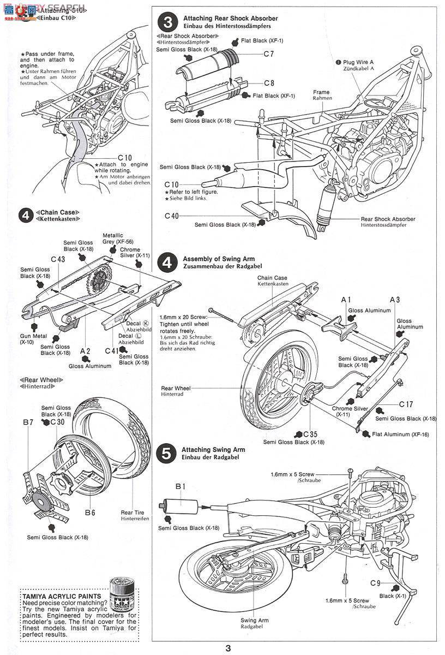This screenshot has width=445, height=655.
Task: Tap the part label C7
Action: tap(268, 53)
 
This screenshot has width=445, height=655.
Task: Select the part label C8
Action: tap(268, 83)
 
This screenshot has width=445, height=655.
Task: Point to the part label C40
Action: tap(172, 216)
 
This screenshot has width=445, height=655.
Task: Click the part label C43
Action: tap(58, 260)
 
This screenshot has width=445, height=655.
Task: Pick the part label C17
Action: tap(406, 404)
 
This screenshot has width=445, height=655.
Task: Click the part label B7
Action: tap(29, 422)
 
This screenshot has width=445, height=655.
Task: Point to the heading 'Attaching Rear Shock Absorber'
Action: tap(230, 19)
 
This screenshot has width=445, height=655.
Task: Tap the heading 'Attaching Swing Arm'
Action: tap(214, 450)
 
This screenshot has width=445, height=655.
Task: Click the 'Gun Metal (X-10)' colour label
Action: tap(27, 338)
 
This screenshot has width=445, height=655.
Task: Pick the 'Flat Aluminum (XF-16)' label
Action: tap(404, 434)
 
